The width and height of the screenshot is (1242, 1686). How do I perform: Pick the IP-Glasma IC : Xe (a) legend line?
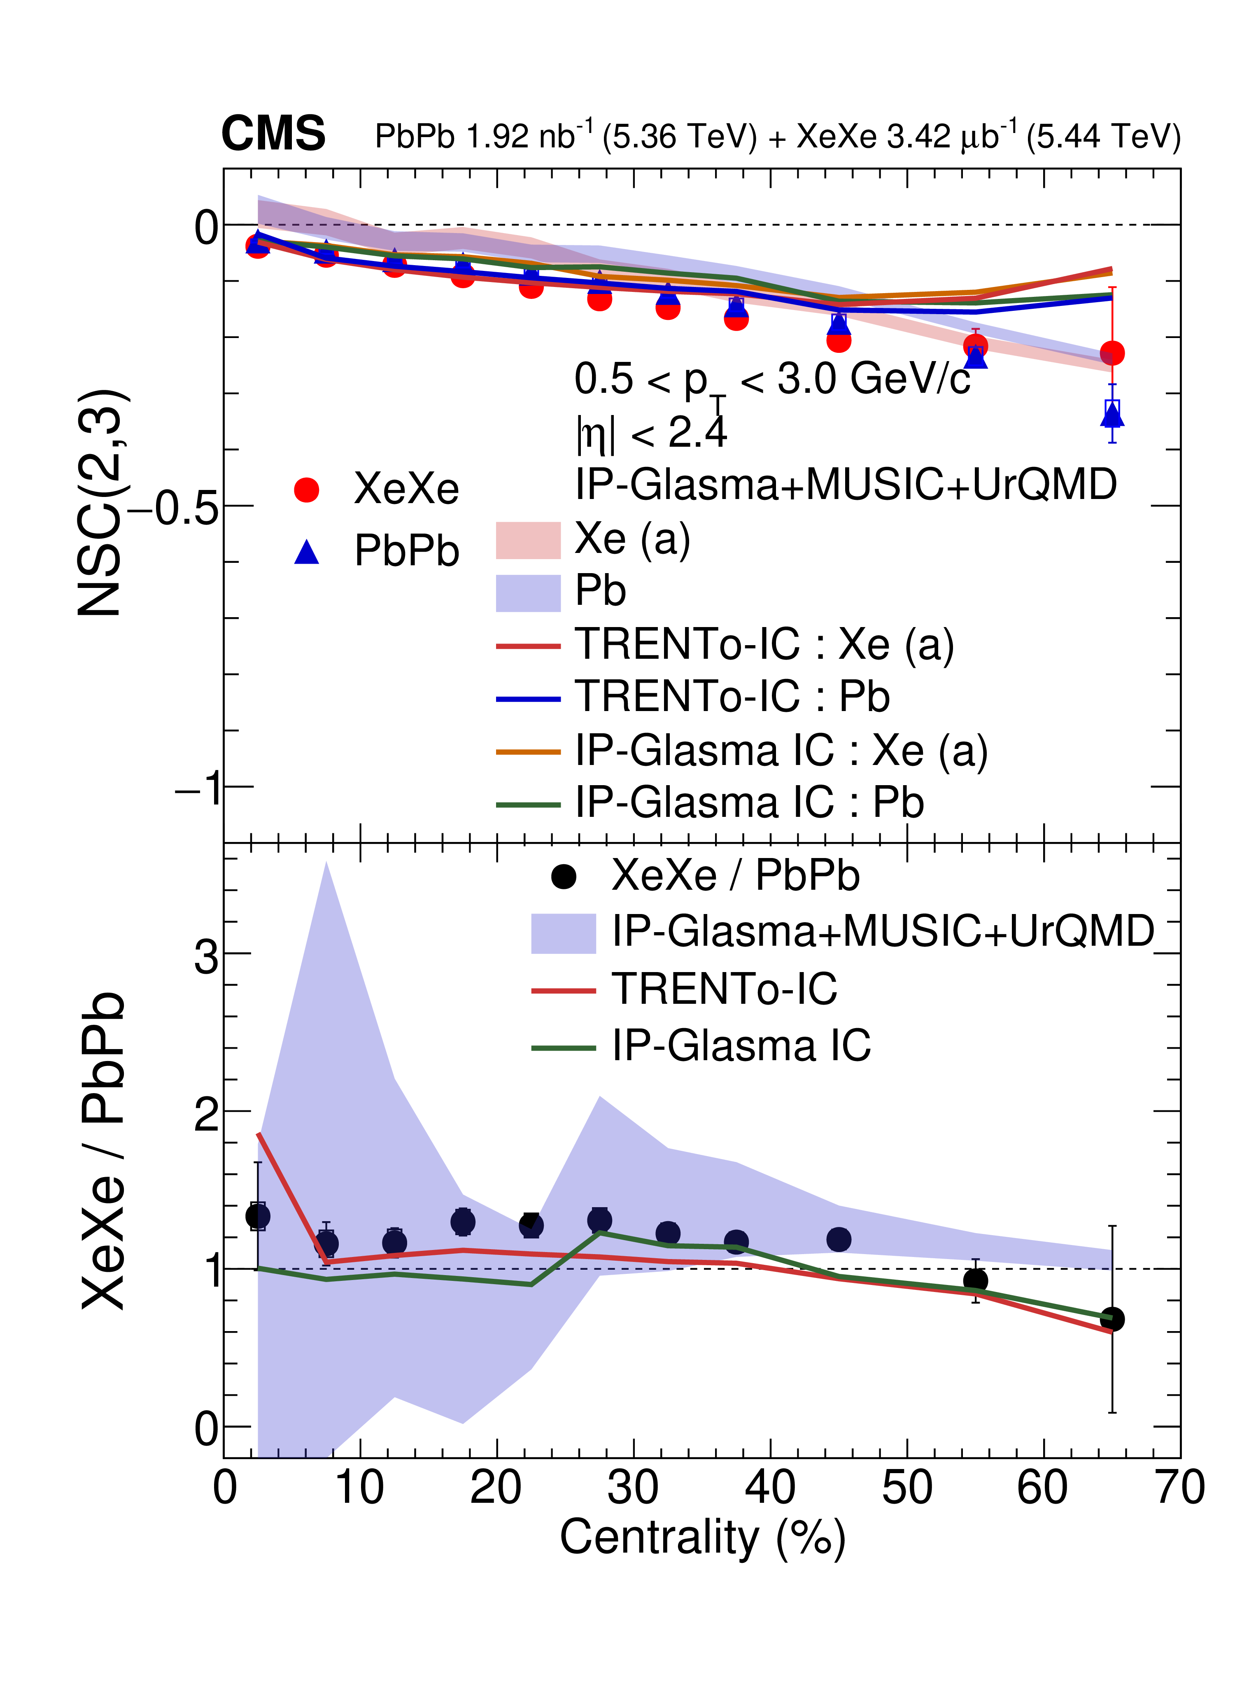click(x=528, y=751)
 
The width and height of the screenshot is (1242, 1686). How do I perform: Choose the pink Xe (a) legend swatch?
click(x=528, y=540)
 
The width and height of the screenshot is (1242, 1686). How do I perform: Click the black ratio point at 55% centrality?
click(x=975, y=1280)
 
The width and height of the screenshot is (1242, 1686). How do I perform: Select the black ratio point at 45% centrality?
click(x=838, y=1238)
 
